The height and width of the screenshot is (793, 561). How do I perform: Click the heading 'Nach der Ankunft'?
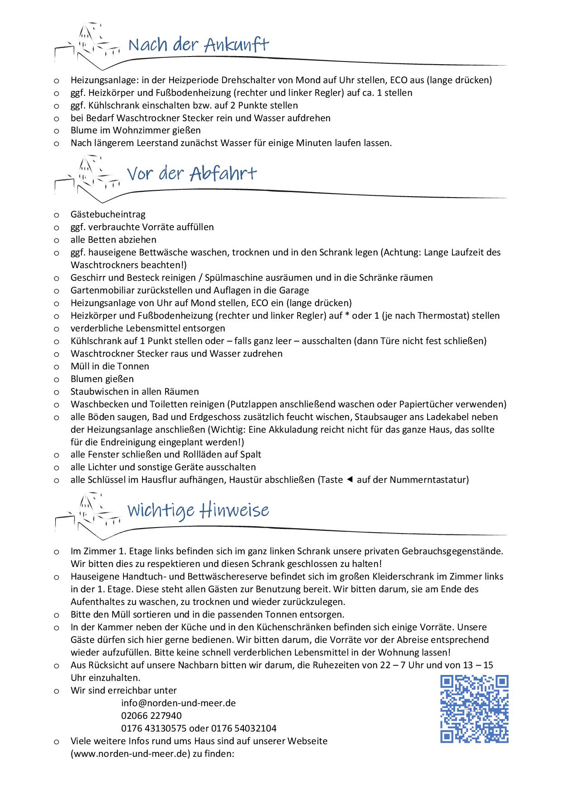pos(199,45)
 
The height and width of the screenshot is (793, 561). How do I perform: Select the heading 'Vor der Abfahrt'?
pos(192,174)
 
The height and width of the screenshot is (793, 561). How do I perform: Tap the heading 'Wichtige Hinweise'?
pos(198,510)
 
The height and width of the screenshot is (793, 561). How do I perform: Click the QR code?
pos(474,709)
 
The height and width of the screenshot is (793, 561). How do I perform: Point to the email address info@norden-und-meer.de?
pos(178,703)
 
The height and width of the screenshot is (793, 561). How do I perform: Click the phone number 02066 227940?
pos(152,716)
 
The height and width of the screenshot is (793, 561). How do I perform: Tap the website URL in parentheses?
pos(130,754)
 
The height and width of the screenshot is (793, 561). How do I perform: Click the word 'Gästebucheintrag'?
pos(108,214)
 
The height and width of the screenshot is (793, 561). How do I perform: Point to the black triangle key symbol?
pos(349,480)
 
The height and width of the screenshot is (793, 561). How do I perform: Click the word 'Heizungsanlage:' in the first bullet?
pos(104,80)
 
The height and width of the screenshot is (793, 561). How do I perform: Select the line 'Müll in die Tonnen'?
pos(110,366)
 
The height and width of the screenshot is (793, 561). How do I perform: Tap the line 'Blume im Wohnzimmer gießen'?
pos(136,130)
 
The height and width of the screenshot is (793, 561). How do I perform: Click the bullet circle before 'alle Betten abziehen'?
pos(57,240)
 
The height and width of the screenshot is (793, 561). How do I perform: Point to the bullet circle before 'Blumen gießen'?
pos(57,379)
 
